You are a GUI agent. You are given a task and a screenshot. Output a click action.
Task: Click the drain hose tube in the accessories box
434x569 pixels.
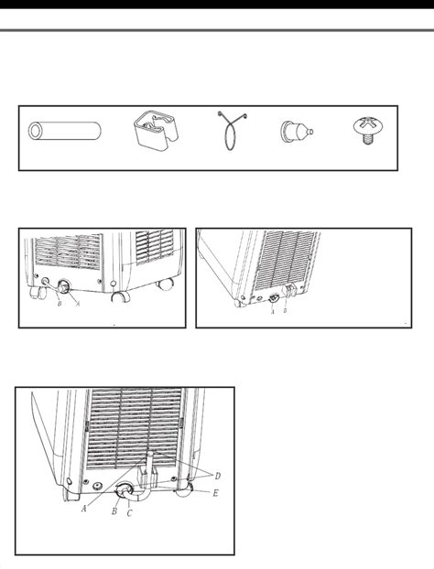[61, 131]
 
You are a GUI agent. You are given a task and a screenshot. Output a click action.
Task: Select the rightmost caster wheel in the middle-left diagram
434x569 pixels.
[166, 284]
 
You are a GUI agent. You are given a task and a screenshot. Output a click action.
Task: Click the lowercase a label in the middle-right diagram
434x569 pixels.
[273, 311]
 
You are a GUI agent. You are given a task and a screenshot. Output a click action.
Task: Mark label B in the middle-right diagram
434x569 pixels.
[285, 311]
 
